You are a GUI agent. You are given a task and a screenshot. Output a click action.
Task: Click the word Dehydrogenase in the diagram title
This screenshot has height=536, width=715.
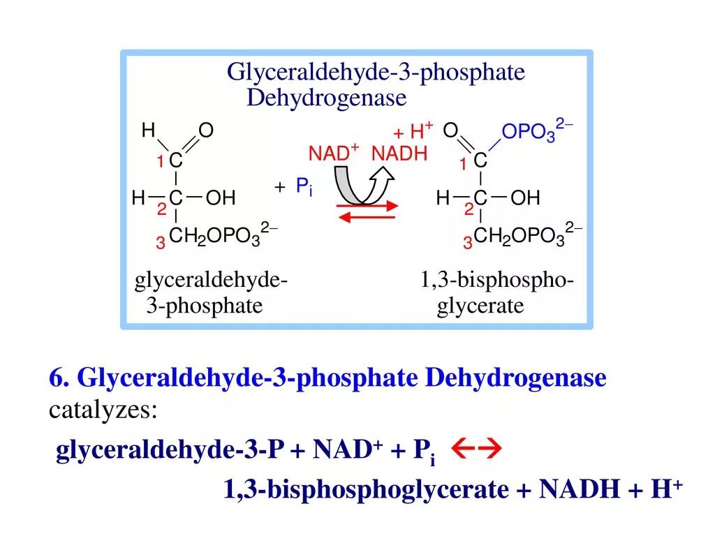coord(326,98)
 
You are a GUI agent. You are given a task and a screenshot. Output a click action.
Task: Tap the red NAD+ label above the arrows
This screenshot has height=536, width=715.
coord(334,153)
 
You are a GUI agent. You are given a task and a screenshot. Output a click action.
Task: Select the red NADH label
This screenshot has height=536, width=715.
coord(399,154)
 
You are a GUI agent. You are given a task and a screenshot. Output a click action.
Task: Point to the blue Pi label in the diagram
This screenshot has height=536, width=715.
coord(302,186)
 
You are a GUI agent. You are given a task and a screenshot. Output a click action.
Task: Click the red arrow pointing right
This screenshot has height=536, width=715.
coord(367,206)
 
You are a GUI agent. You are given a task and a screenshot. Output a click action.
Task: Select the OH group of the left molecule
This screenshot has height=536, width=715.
coord(221,198)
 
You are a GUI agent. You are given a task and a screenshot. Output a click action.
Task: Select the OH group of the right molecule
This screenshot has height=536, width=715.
coord(525,198)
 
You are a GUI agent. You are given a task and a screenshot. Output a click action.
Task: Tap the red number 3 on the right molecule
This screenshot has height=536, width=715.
coord(467,243)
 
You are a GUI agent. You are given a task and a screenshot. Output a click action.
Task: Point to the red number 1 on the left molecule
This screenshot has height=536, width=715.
coord(160,163)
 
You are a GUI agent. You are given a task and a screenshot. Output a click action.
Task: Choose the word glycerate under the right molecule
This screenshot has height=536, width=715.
coord(480,306)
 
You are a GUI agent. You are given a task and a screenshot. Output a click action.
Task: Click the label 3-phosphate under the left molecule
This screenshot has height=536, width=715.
coord(205,306)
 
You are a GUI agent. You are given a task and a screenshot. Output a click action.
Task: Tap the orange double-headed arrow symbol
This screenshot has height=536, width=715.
coord(473,451)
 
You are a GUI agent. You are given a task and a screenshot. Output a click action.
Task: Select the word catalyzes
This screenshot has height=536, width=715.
coord(103,410)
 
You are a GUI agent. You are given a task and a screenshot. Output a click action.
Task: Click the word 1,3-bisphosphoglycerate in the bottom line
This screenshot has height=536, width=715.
coord(366,489)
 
